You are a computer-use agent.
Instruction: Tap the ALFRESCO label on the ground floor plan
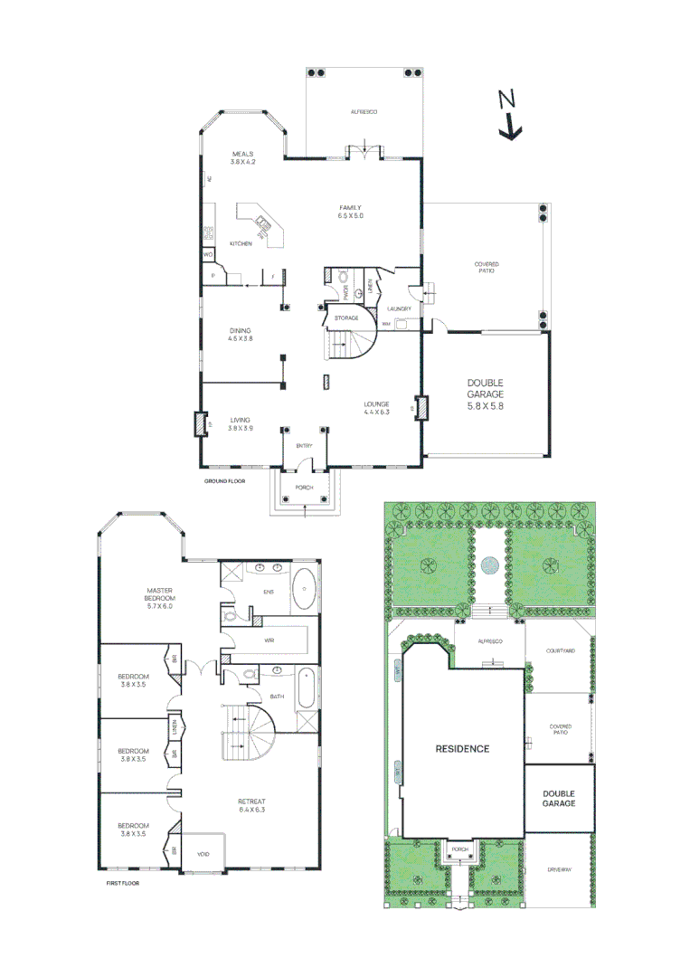pos(364,111)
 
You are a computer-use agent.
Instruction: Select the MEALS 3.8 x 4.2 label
pos(242,157)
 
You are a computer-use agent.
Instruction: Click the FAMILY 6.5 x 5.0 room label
pos(350,212)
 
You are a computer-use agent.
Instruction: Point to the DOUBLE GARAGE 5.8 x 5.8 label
pos(485,394)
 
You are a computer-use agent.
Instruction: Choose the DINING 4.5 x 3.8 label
pos(240,335)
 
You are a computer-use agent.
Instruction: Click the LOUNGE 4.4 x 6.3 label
pos(376,408)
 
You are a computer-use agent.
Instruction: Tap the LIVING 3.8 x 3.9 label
pos(240,423)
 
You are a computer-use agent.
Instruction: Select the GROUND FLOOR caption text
pos(224,481)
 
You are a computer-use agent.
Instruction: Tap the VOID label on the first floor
pos(203,852)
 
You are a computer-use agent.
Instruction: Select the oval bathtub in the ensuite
pos(304,591)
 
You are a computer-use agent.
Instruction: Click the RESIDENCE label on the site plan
pos(462,748)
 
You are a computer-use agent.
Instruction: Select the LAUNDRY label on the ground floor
pos(401,309)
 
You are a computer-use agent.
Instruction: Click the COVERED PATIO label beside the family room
pos(487,268)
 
